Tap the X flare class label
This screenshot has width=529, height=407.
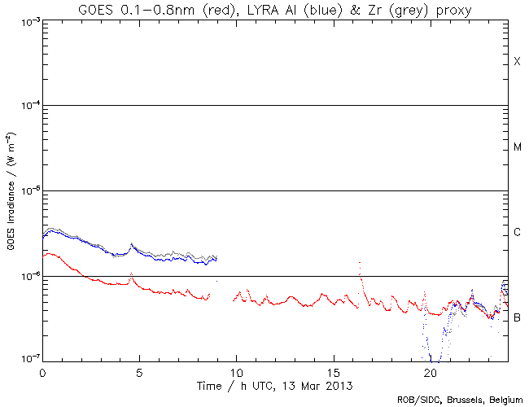(517, 62)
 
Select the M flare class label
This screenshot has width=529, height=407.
(517, 147)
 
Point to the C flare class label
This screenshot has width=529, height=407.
(517, 233)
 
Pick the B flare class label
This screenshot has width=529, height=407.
(517, 317)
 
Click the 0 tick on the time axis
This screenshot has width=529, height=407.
(42, 371)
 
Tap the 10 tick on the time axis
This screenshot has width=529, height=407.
(236, 371)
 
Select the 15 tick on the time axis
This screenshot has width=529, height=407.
(333, 371)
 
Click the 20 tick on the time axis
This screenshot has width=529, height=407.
(430, 371)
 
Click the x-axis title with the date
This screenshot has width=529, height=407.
(275, 383)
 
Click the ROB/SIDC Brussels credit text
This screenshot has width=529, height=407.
(459, 400)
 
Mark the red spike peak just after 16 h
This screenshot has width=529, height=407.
(360, 263)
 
